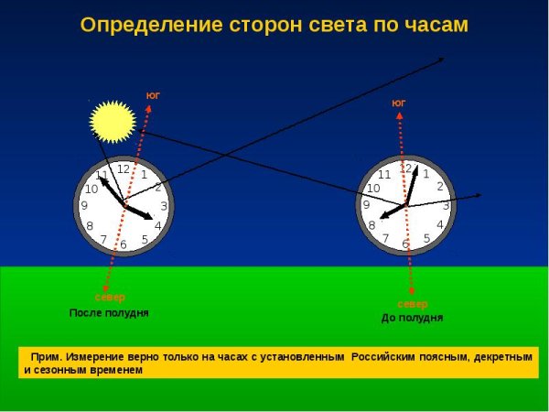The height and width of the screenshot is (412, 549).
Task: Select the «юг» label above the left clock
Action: [153, 94]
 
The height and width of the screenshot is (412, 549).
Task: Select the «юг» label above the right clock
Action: [398, 103]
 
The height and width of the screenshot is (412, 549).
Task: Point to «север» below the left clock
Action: [110, 298]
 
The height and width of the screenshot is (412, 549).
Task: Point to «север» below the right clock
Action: [412, 303]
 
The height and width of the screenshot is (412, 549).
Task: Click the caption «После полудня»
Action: [109, 313]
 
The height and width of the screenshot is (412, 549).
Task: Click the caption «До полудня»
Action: [412, 318]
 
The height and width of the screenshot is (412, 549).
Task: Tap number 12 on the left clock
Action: [123, 168]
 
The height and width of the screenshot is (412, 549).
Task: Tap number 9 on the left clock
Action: [84, 206]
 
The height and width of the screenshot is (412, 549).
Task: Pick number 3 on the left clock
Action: [164, 206]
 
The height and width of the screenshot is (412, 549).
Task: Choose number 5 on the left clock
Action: [145, 240]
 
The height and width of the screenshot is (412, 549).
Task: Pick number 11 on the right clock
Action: [384, 174]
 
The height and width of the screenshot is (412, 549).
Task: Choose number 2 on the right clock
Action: [440, 187]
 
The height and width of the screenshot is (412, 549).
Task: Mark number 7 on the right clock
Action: [385, 238]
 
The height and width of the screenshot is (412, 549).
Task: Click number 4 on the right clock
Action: [440, 225]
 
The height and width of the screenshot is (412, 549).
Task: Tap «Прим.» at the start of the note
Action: [45, 356]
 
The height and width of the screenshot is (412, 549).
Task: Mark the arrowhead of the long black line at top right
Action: [442, 60]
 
